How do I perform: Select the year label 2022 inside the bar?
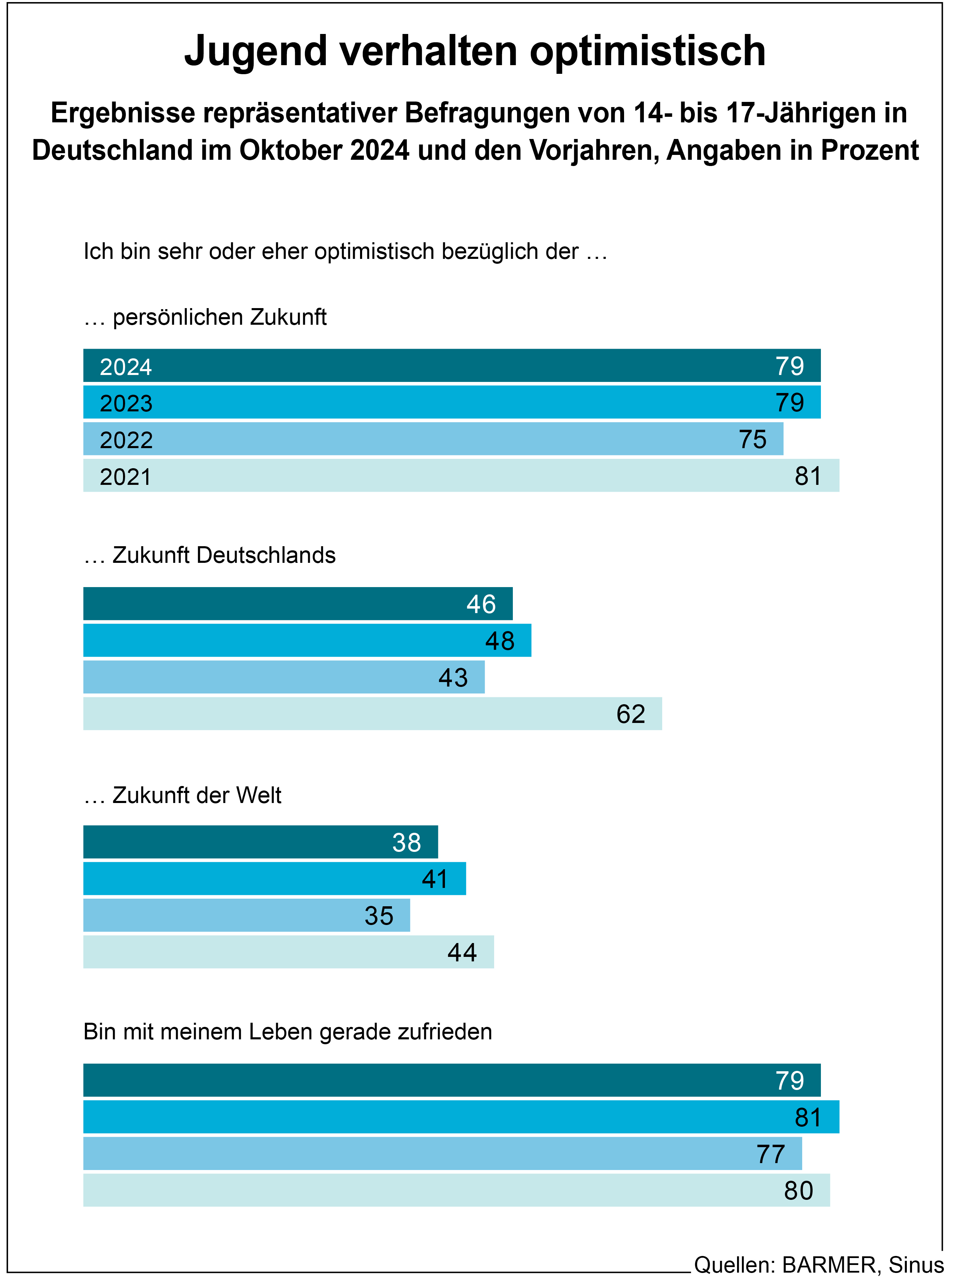pos(126,440)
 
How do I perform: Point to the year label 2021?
pos(125,477)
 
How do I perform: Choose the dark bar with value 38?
pos(260,842)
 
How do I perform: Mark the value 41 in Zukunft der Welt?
pos(435,879)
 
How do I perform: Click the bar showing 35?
pos(246,915)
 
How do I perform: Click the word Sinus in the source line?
pos(916,1265)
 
